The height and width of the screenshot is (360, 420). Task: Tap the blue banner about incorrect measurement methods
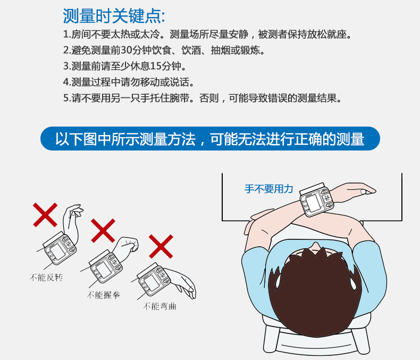[210, 139]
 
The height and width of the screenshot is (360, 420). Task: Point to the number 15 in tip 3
[155, 66]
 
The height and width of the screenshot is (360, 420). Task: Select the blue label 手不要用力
[268, 189]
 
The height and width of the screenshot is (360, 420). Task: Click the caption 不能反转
[46, 277]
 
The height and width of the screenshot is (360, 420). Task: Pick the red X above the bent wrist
[160, 246]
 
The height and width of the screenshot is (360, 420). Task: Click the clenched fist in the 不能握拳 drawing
[129, 245]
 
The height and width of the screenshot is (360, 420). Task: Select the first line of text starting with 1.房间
[208, 35]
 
